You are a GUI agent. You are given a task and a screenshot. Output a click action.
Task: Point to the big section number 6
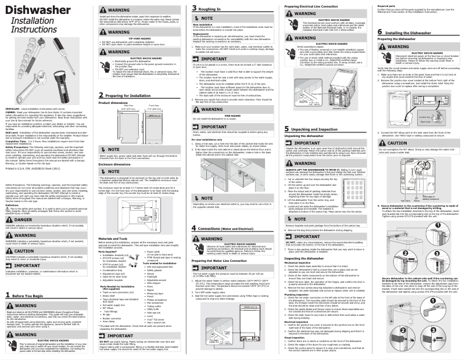tap(379, 33)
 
